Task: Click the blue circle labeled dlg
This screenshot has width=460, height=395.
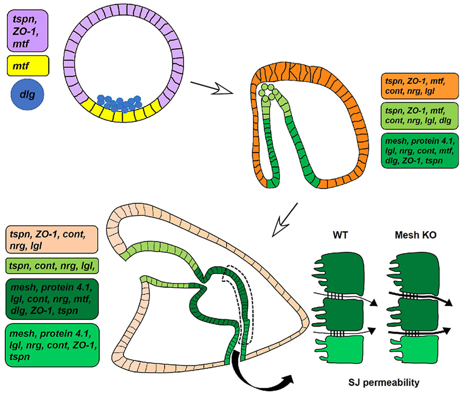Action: tap(27, 95)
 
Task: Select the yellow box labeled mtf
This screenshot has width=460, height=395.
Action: tap(28, 66)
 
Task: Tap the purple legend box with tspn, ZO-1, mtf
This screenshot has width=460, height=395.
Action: tap(28, 31)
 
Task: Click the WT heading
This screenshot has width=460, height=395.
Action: tap(340, 235)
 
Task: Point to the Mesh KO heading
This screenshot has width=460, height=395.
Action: tap(415, 235)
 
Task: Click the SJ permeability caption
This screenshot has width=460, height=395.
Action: tap(384, 383)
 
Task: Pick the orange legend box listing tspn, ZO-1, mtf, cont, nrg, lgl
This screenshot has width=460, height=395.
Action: tap(420, 86)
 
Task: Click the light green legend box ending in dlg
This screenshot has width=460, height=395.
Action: tap(420, 115)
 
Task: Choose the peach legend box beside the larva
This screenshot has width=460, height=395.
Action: tap(52, 240)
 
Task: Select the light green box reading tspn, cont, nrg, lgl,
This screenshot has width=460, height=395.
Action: tap(52, 266)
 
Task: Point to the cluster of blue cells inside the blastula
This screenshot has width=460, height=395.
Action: tap(119, 103)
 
